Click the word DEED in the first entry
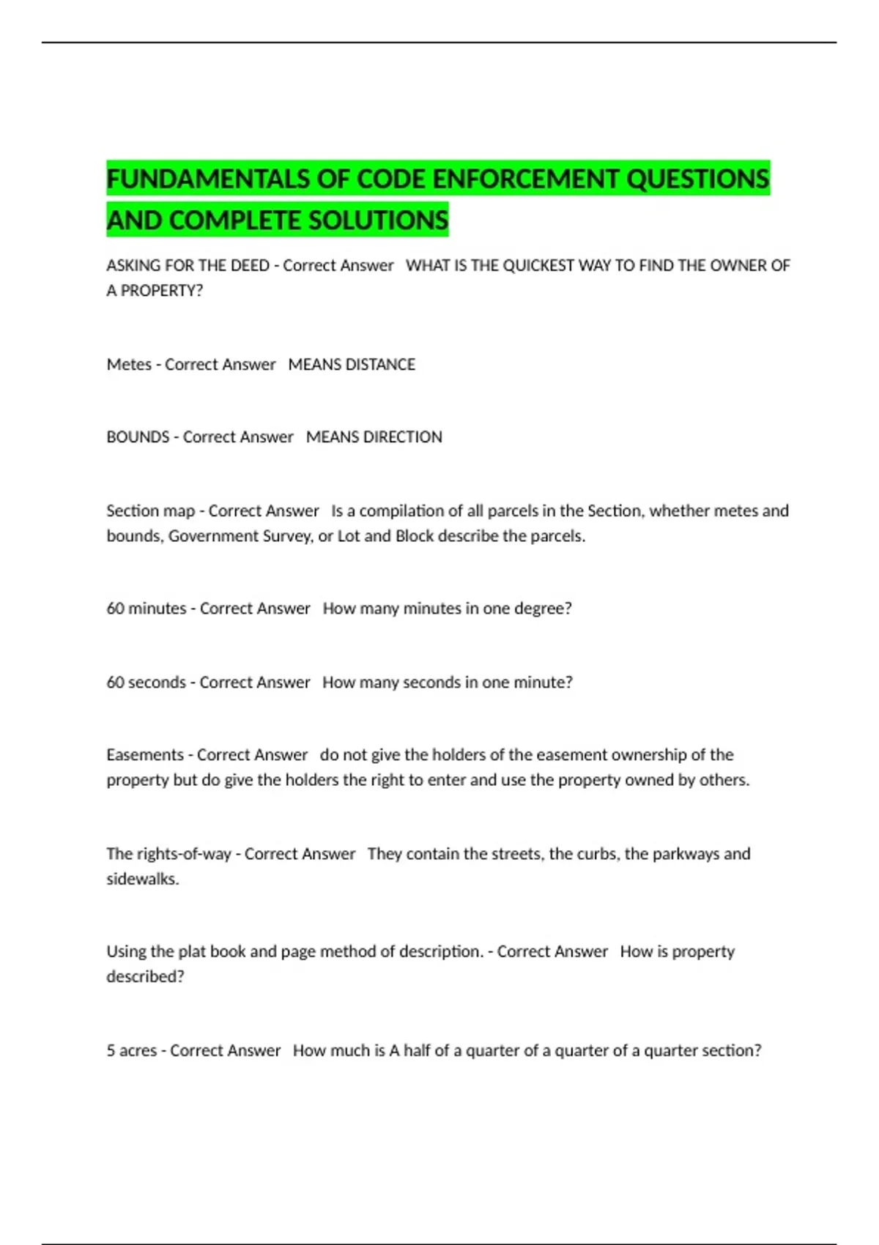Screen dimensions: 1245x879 [250, 266]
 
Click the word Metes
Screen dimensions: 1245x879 [129, 365]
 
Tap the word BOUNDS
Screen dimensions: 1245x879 [138, 437]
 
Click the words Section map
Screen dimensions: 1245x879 [150, 510]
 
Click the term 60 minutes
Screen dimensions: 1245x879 [146, 609]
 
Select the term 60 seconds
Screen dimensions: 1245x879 [146, 683]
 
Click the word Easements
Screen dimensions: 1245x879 [145, 755]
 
